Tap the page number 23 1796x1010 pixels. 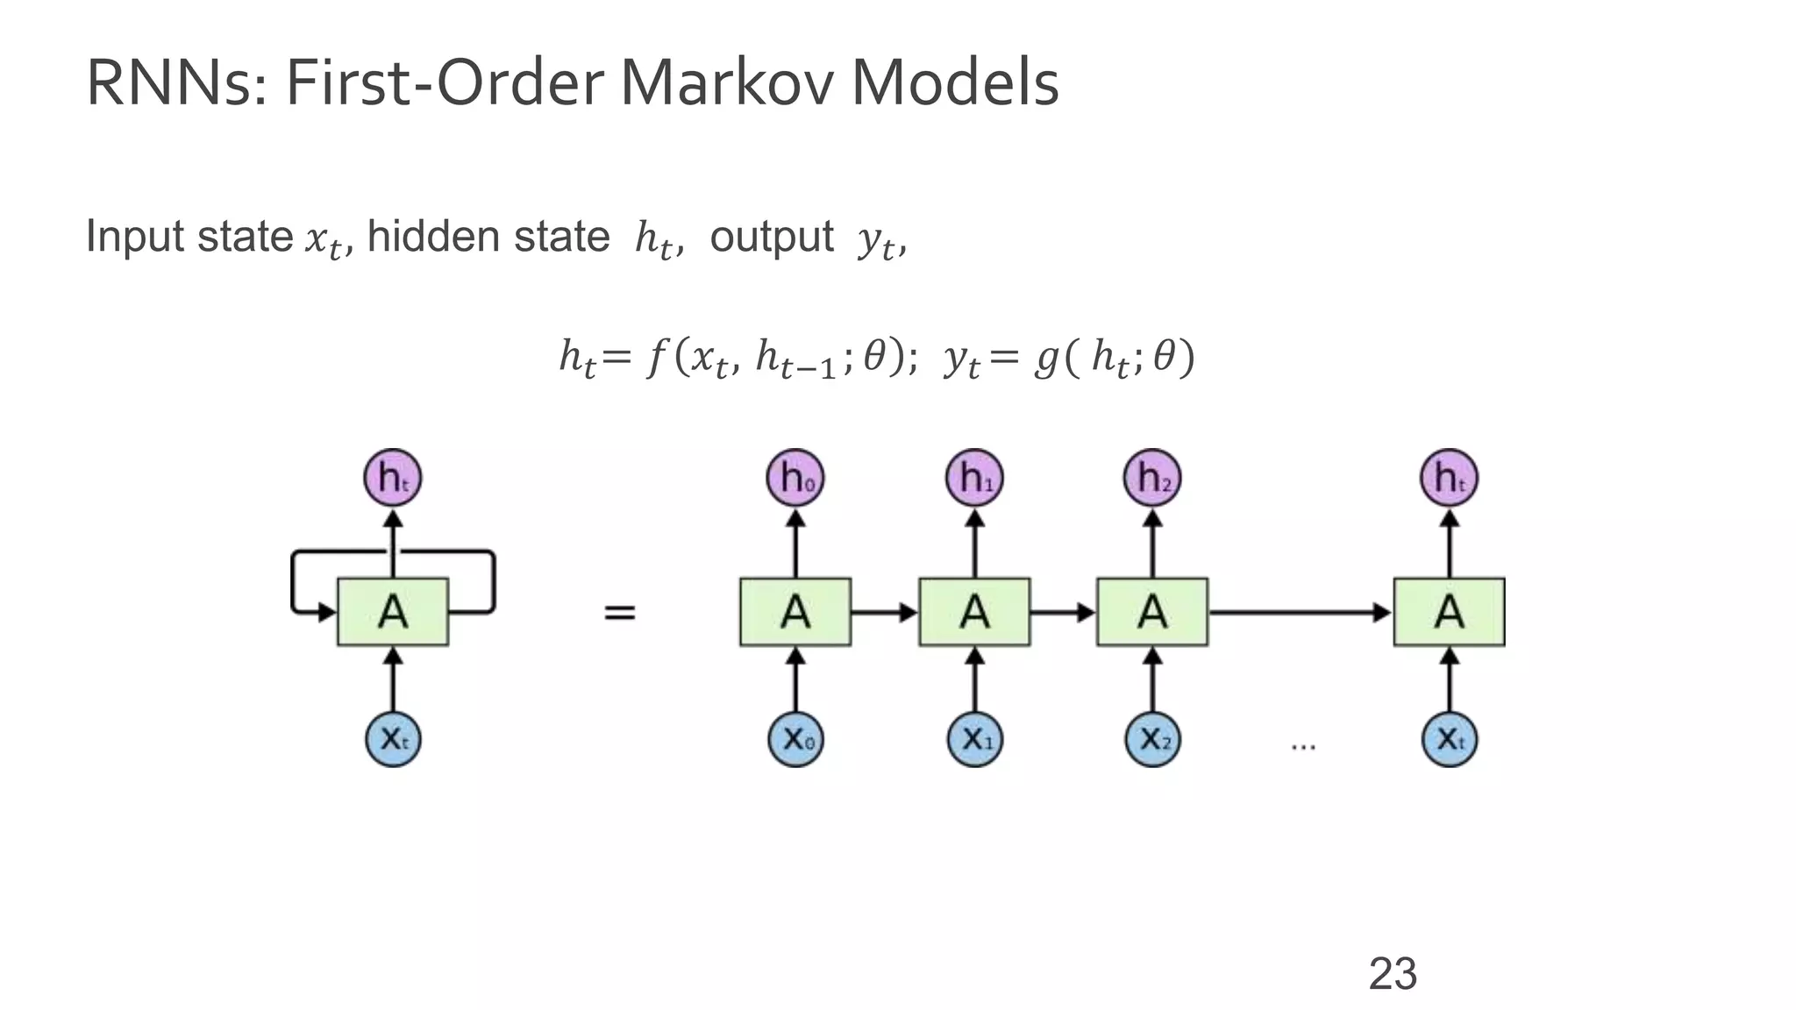coord(1393,974)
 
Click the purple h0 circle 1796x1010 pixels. coord(795,478)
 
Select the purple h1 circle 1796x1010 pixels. coord(974,478)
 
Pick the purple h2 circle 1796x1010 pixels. coord(1152,478)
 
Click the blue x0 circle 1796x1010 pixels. coord(795,739)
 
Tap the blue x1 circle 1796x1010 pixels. coord(974,739)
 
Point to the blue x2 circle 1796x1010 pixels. coord(1152,739)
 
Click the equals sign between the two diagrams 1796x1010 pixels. coord(620,612)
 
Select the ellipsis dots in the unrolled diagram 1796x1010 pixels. coord(1303,746)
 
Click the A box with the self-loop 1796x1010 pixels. coord(393,612)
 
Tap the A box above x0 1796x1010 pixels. coord(795,612)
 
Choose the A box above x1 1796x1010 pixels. coord(974,612)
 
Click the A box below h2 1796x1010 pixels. coord(1152,612)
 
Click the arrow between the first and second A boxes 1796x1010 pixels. coord(884,612)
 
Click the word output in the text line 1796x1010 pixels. coord(771,237)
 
